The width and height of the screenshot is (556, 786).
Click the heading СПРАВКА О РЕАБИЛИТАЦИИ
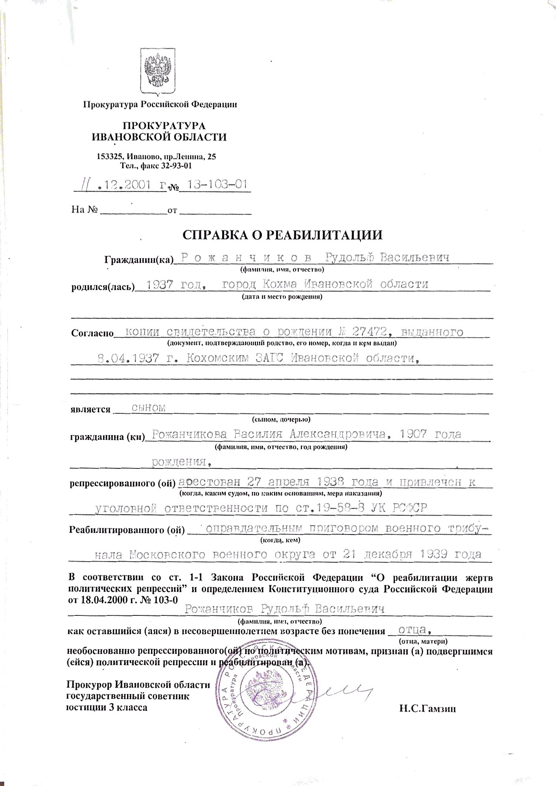tap(282, 235)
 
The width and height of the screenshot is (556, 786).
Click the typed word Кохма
tap(279, 284)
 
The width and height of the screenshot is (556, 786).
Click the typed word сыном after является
tap(149, 408)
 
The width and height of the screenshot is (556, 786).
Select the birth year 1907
tap(413, 434)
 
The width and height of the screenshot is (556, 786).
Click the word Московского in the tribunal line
tap(168, 555)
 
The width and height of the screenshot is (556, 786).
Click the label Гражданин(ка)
tap(139, 260)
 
